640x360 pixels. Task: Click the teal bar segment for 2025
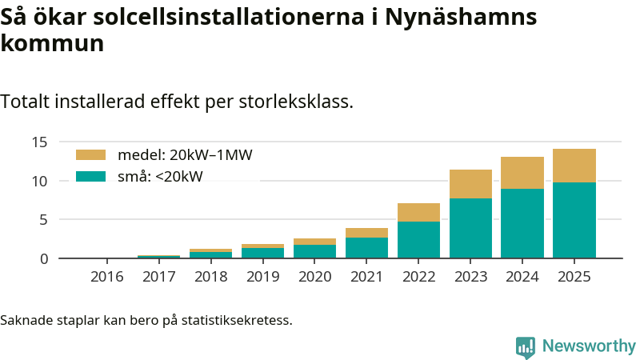[x=574, y=220]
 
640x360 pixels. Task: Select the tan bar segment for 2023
[x=470, y=184]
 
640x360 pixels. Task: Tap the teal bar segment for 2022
[x=418, y=239]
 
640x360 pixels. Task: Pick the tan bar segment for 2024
[x=522, y=173]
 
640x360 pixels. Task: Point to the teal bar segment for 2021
[x=366, y=247]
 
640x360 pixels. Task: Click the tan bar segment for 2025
[x=574, y=166]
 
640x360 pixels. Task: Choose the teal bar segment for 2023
[x=470, y=228]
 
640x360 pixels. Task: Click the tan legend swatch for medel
[x=90, y=155]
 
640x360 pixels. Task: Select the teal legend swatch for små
[x=90, y=176]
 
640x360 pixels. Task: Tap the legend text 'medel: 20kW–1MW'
[x=185, y=155]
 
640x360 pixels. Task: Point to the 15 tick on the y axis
[x=41, y=142]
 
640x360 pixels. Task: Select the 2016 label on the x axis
[x=107, y=277]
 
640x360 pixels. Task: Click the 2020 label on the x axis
[x=314, y=277]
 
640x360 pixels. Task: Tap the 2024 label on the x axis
[x=522, y=277]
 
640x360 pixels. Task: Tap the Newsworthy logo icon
[x=526, y=347]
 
